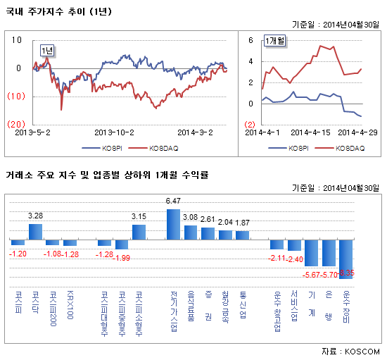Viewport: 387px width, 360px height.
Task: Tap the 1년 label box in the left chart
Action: pyautogui.click(x=49, y=49)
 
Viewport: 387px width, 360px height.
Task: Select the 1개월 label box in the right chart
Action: pyautogui.click(x=275, y=42)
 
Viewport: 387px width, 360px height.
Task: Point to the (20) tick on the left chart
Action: pyautogui.click(x=18, y=123)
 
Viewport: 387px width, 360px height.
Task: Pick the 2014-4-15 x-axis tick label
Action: pyautogui.click(x=310, y=132)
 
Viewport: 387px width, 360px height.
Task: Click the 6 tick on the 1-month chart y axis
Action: pyautogui.click(x=250, y=41)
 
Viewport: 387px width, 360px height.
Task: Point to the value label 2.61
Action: pyautogui.click(x=208, y=220)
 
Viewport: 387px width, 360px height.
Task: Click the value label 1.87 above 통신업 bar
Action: pyautogui.click(x=242, y=223)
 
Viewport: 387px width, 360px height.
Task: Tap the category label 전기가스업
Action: pyautogui.click(x=174, y=304)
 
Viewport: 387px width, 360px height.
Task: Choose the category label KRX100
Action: pyautogui.click(x=70, y=299)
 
